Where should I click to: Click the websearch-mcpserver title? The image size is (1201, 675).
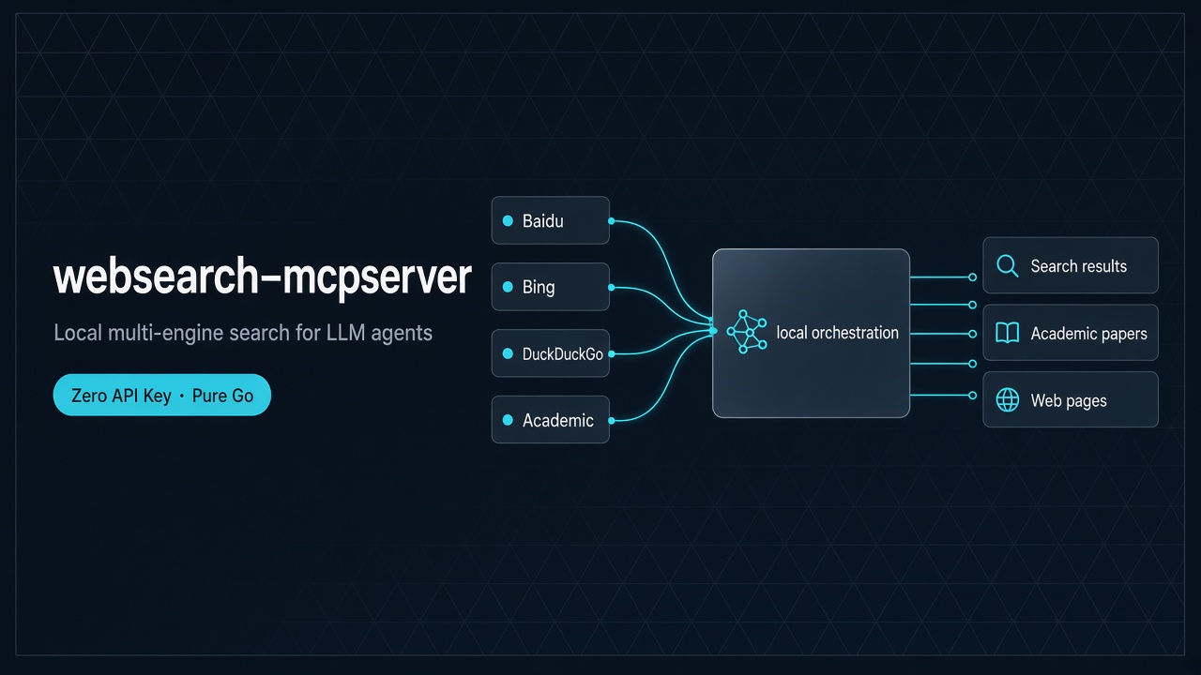coord(262,277)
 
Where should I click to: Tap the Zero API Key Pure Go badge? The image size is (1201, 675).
coord(162,395)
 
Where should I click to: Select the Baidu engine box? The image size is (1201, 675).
coord(550,220)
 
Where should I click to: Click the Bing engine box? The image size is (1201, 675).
coord(550,287)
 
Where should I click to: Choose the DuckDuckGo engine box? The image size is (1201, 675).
coord(550,353)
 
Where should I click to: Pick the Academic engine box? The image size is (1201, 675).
coord(550,419)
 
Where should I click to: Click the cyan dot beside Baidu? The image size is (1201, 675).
coord(508,220)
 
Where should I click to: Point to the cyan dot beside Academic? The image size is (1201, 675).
coord(508,420)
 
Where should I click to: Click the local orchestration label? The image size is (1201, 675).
coord(838,333)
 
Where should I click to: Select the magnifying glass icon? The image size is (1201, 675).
coord(1007,265)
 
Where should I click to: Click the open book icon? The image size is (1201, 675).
coord(1008,333)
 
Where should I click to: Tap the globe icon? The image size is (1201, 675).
coord(1008,399)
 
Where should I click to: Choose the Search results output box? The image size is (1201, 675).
coord(1071,265)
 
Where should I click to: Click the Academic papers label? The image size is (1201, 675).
coord(1089,334)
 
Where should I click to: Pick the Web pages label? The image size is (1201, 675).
coord(1069,400)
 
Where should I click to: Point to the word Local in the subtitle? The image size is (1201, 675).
coord(78,333)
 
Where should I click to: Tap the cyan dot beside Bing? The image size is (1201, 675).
coord(508,287)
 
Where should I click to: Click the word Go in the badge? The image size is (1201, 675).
coord(243,396)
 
